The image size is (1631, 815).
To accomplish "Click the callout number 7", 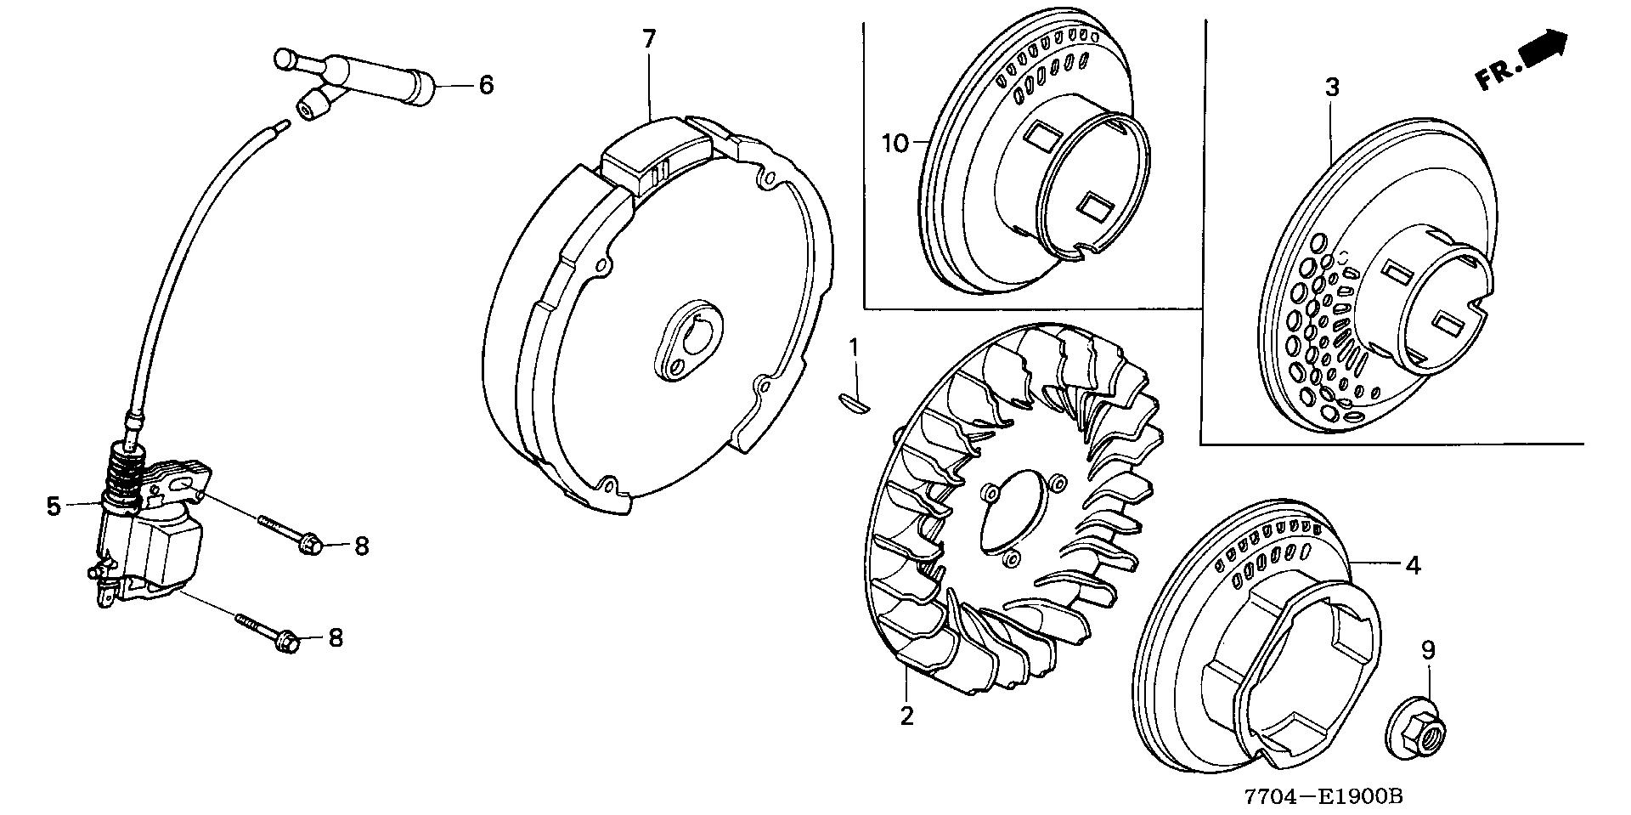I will tap(649, 38).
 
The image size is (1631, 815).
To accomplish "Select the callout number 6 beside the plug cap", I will tap(486, 84).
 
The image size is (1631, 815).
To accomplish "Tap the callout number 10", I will tap(895, 143).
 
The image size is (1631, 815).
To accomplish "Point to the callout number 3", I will tap(1332, 87).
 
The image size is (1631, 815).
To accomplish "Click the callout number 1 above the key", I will tap(855, 347).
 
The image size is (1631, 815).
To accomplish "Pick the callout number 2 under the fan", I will tap(906, 716).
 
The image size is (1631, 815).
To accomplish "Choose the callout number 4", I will tap(1412, 564).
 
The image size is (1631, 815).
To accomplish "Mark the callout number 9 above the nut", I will tap(1428, 651).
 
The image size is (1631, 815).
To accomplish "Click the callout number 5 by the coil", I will tap(54, 507).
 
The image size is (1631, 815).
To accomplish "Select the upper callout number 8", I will tap(362, 546).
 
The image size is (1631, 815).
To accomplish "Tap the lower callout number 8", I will tap(336, 637).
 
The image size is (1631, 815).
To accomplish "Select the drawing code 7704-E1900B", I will tap(1323, 796).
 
